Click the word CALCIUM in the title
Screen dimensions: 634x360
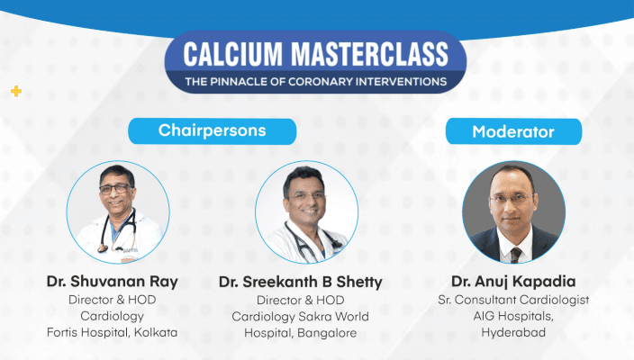point(233,54)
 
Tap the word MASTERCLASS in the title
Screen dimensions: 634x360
point(370,54)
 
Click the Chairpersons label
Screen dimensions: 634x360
point(213,130)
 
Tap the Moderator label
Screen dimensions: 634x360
point(513,132)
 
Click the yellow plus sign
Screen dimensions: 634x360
point(16,91)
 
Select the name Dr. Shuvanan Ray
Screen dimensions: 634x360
point(112,282)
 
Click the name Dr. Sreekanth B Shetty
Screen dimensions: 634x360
point(301,282)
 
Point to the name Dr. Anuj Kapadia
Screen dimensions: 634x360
point(513,282)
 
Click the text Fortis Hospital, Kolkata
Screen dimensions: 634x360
point(112,332)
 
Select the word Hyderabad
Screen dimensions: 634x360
point(513,332)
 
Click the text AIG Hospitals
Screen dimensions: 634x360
point(512,316)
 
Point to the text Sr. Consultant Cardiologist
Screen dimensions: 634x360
point(513,300)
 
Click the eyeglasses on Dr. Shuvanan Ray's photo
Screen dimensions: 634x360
point(116,189)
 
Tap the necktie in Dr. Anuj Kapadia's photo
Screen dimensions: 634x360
point(516,255)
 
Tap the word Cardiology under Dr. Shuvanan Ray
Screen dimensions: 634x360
point(112,316)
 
